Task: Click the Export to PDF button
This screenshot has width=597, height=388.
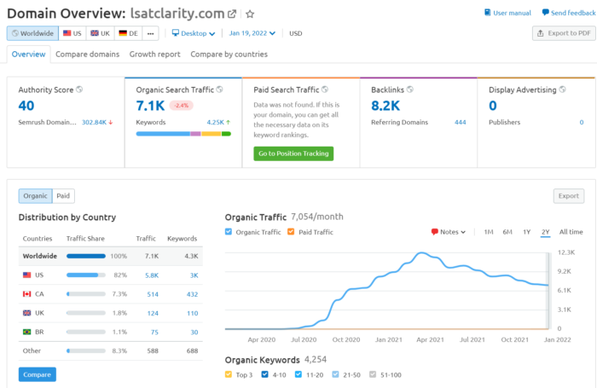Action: pos(563,33)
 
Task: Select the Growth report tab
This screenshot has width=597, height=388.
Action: pos(154,55)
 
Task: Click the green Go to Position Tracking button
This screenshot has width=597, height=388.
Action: pos(293,153)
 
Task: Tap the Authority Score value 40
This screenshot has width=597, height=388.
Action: pos(26,105)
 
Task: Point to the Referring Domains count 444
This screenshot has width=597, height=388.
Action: pos(460,123)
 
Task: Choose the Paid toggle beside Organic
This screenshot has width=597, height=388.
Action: pos(63,196)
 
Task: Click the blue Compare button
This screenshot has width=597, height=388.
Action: pos(37,374)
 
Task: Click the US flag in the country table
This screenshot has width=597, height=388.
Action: pos(26,275)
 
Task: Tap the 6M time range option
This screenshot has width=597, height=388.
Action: pos(507,232)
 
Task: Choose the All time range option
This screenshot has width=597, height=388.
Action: pos(571,232)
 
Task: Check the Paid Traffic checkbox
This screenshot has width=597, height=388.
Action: pos(291,232)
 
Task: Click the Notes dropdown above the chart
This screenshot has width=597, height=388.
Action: pos(449,232)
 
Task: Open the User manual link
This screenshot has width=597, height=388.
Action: pos(508,14)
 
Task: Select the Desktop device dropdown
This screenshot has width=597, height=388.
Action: pos(194,33)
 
